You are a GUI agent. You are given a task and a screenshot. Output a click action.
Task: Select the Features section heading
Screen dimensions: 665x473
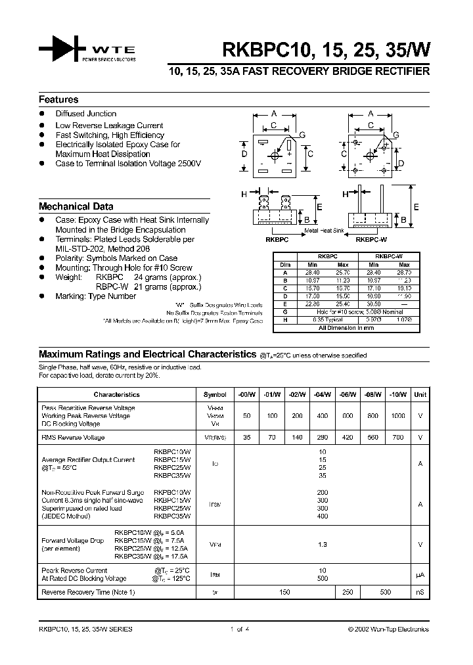pos(58,100)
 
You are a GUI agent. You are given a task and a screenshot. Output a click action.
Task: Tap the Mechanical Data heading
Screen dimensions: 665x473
pos(76,206)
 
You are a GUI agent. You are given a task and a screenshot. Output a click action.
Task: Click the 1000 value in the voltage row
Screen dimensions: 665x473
pos(399,416)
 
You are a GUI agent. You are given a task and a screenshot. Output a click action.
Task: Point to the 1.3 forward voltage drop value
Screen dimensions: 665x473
pos(322,544)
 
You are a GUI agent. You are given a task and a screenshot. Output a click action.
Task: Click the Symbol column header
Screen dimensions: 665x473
pos(215,394)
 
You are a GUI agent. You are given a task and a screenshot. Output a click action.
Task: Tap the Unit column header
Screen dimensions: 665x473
pos(420,394)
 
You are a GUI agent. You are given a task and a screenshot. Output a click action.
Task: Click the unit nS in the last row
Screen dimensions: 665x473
pos(420,592)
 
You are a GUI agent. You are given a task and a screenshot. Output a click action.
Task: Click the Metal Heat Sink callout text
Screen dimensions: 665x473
pos(325,231)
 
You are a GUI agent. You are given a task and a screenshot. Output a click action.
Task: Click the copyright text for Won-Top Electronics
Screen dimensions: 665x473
pos(388,629)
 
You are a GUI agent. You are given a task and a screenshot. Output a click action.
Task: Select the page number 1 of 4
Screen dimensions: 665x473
pos(242,629)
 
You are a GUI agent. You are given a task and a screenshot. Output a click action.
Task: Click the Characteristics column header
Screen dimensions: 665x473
pos(116,394)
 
